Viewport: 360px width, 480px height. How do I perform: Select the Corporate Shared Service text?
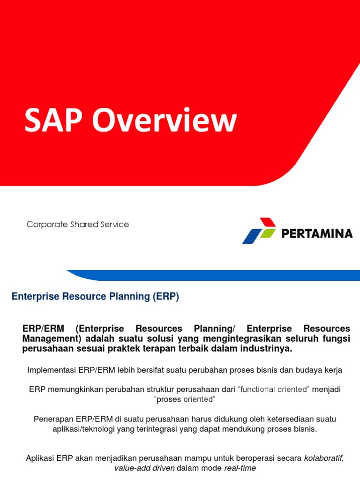pos(78,225)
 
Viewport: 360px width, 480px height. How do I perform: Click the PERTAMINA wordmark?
pos(317,233)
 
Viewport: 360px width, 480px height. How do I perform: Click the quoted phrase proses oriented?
pos(185,399)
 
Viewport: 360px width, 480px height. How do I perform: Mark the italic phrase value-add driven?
pos(143,468)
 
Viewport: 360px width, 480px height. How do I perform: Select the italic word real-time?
pos(240,468)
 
